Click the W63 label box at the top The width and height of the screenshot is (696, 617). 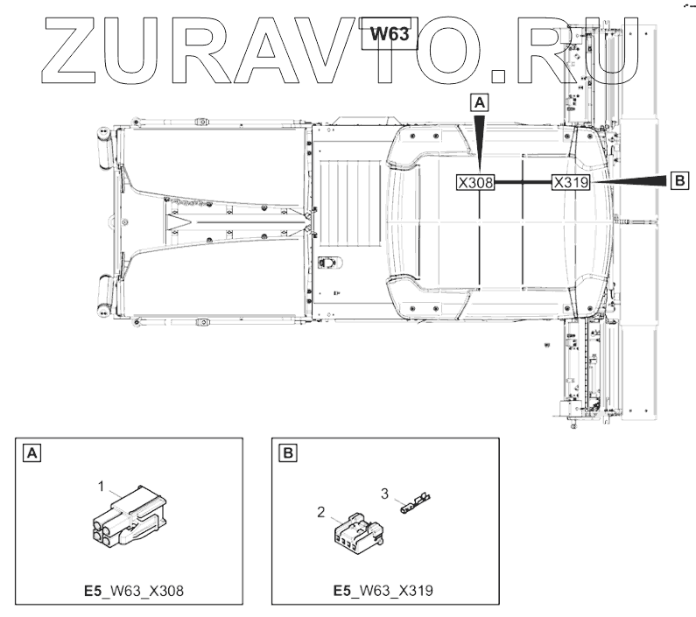(389, 34)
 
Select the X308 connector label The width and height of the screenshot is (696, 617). (475, 182)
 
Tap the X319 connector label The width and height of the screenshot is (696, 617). (571, 182)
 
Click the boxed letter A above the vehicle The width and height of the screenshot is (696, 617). (480, 102)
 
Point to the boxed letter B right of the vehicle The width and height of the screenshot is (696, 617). (679, 180)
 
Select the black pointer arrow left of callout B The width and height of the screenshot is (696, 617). (629, 180)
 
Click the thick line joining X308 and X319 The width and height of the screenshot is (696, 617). (523, 182)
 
